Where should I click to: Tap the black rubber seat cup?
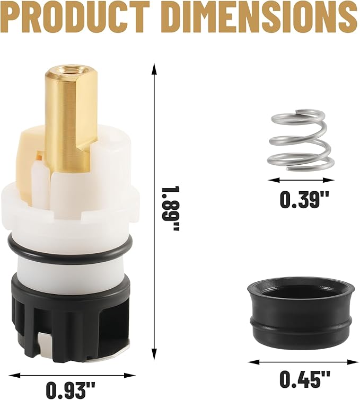[300, 323]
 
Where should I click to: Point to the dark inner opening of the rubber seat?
[300, 292]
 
